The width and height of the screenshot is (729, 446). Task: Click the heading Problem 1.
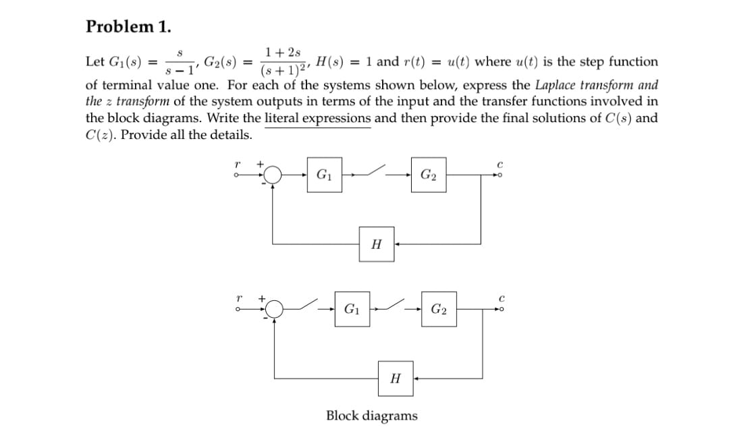pyautogui.click(x=128, y=26)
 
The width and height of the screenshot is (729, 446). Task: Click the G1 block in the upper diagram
pyautogui.click(x=323, y=177)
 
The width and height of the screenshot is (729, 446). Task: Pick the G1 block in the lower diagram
pyautogui.click(x=352, y=310)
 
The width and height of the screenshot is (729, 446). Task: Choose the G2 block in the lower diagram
pyautogui.click(x=439, y=310)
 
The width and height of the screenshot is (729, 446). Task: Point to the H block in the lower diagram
pyautogui.click(x=396, y=379)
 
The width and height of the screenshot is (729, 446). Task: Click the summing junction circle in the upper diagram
pyautogui.click(x=273, y=177)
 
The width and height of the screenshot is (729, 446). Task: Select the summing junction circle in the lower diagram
pyautogui.click(x=273, y=310)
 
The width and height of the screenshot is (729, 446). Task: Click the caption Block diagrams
pyautogui.click(x=371, y=416)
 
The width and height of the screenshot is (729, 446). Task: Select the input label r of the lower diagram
pyautogui.click(x=236, y=296)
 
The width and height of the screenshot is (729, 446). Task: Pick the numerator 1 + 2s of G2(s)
pyautogui.click(x=283, y=53)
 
